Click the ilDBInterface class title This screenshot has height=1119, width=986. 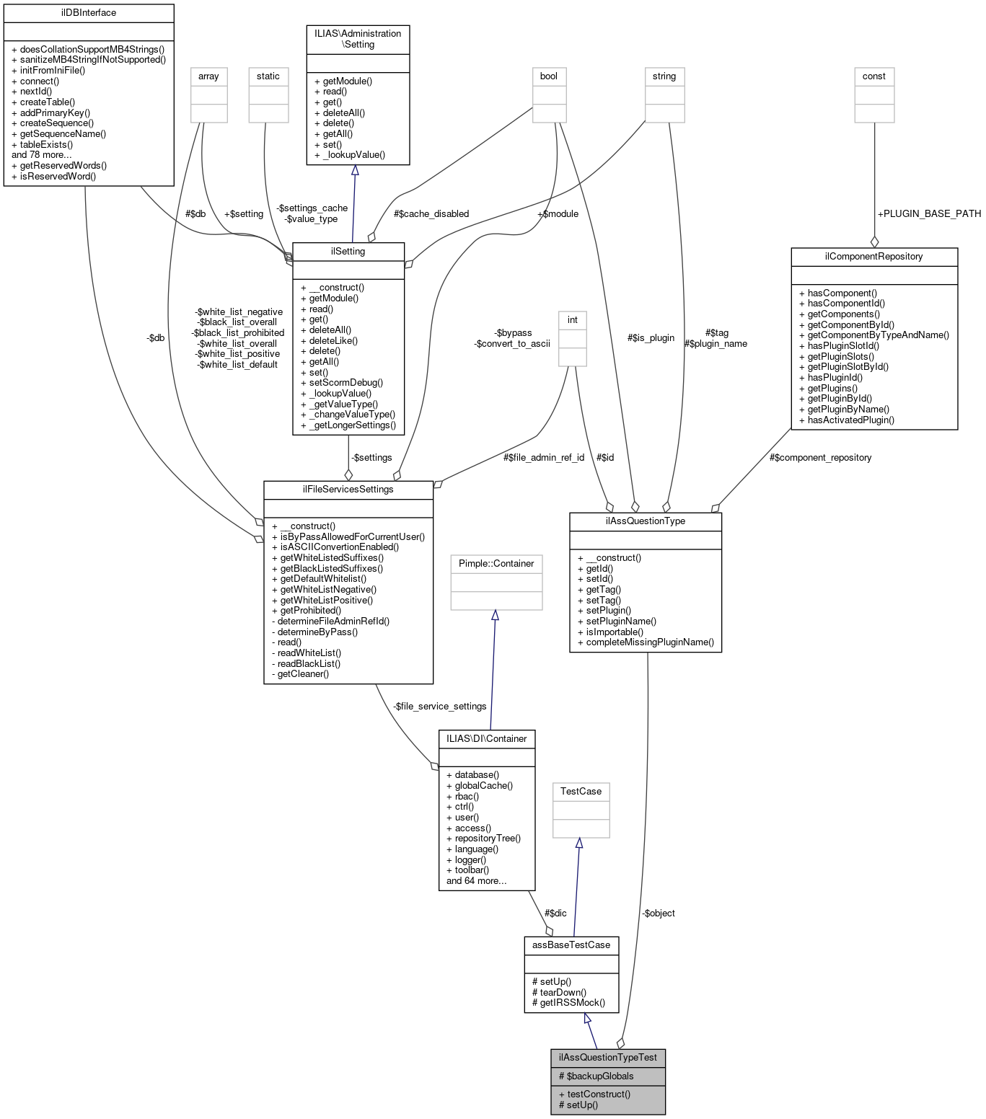point(89,13)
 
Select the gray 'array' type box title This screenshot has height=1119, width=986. point(208,76)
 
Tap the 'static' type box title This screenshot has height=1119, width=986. point(268,76)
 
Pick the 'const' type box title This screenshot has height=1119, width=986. point(873,76)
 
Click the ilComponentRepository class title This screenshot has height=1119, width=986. point(873,257)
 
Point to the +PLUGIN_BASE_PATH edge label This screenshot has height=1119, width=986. point(928,214)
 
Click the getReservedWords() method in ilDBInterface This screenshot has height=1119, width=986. point(63,166)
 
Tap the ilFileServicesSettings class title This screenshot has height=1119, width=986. point(348,490)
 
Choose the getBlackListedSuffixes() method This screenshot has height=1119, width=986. point(331,568)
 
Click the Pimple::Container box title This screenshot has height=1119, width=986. point(496,564)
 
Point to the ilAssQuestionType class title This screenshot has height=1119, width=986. point(645,521)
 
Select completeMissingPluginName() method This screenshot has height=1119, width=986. point(649,642)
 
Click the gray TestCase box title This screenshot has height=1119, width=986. point(581,792)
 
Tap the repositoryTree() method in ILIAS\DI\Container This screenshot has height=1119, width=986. point(487,839)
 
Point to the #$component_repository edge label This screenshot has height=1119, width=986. point(820,458)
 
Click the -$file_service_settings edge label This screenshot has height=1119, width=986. point(440,707)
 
